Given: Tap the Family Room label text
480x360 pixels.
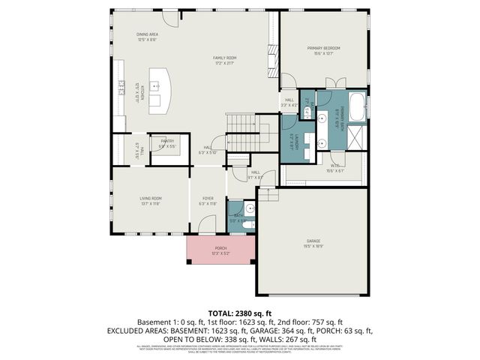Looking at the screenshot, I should click(224, 59).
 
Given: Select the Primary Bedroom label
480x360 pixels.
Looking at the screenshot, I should click(324, 50).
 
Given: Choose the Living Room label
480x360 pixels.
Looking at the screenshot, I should click(150, 200).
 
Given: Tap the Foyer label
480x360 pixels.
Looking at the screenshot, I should click(208, 201).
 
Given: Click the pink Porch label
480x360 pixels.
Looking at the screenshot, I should click(220, 250).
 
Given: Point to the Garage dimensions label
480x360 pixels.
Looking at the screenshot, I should click(313, 244).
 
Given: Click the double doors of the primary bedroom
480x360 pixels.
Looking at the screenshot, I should click(335, 82).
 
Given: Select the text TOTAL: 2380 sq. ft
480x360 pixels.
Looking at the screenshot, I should click(239, 312).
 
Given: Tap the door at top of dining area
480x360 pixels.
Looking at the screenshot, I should click(171, 19).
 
